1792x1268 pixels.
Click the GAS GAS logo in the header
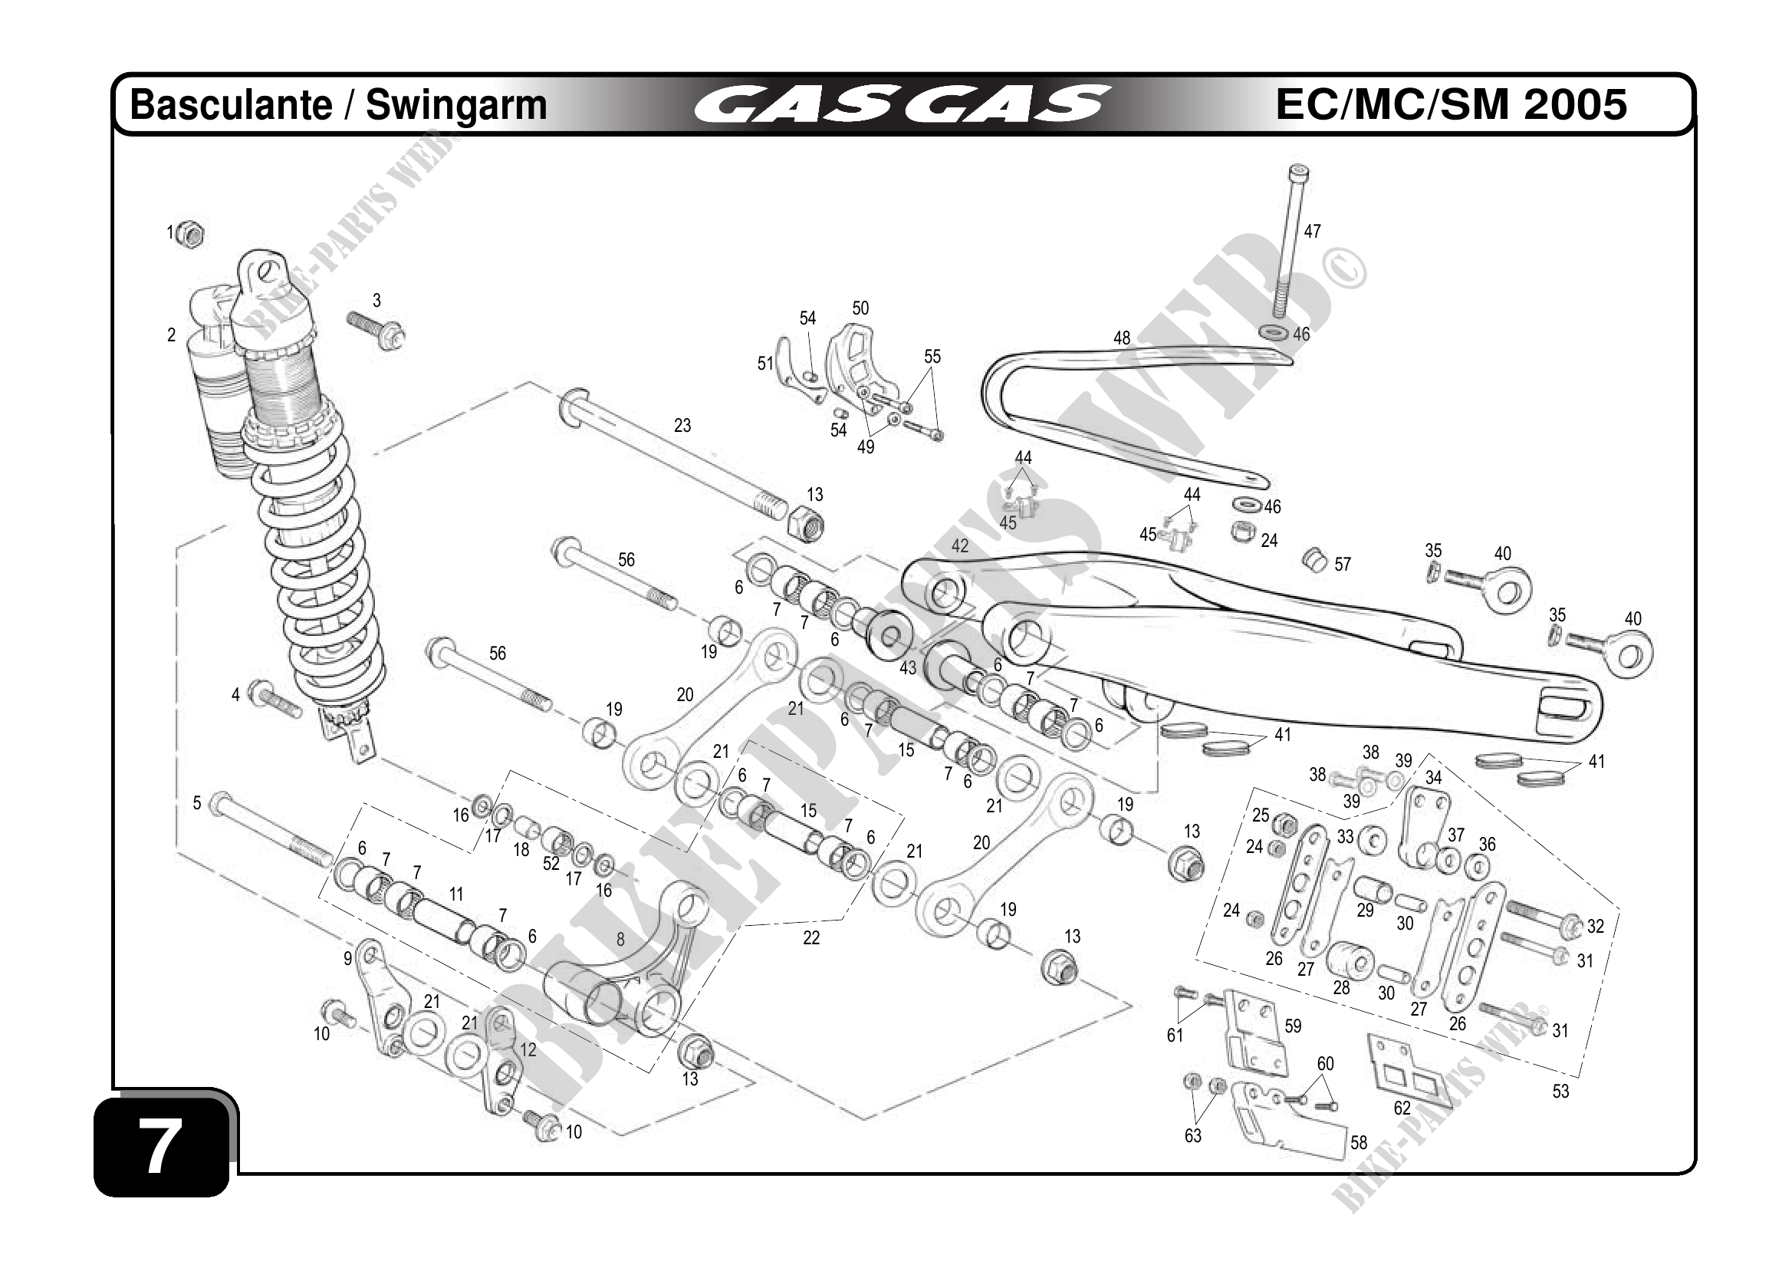coord(902,104)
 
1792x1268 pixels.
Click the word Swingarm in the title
coord(456,105)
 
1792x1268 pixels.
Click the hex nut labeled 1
coord(190,233)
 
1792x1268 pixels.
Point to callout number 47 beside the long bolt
coord(1312,231)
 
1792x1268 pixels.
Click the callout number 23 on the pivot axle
coord(682,426)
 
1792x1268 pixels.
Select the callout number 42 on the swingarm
coord(959,545)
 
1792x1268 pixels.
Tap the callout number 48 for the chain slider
coord(1121,338)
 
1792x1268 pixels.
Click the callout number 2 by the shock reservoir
coord(172,335)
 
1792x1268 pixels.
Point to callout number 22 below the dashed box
coord(811,937)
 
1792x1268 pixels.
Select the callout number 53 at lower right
coord(1560,1092)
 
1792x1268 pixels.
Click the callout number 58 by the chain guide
coord(1359,1143)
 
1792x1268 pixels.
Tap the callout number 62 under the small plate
coord(1402,1108)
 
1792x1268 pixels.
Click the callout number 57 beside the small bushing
coord(1342,565)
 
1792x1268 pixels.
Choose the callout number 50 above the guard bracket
coord(860,308)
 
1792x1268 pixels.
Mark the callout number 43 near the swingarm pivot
coord(907,668)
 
